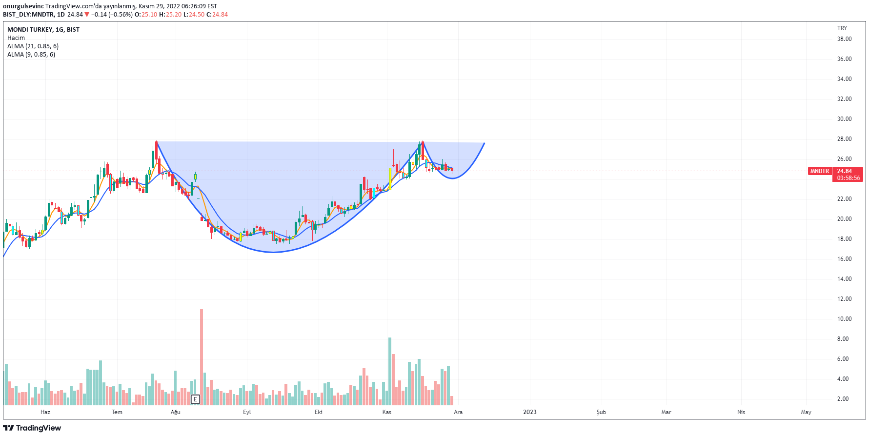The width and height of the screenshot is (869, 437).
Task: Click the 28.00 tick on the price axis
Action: (844, 139)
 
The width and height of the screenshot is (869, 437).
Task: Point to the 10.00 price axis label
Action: (844, 319)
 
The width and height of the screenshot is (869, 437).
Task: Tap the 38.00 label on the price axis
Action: (844, 39)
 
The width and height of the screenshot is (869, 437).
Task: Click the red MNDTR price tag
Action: (819, 171)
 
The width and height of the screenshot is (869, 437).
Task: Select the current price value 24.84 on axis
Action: (844, 171)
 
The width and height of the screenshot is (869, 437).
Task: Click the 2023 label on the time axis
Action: (529, 412)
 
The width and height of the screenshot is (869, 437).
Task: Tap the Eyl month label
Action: (247, 412)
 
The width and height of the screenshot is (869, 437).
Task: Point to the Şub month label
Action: (601, 412)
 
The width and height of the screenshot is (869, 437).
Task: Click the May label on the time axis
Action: (806, 412)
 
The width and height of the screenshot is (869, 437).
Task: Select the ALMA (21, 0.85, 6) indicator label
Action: (33, 46)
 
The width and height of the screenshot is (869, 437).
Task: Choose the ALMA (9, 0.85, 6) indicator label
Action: (31, 55)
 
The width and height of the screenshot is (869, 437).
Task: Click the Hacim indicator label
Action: (16, 38)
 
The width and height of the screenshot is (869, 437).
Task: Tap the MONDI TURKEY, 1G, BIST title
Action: (43, 30)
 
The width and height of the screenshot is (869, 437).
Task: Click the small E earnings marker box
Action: (195, 399)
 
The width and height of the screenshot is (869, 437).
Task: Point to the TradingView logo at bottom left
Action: (32, 428)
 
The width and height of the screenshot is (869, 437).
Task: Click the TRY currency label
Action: (842, 28)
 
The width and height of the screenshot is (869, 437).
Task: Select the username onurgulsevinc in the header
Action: (23, 6)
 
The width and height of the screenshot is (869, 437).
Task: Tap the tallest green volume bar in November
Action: (390, 371)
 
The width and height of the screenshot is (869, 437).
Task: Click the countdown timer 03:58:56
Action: (848, 178)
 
